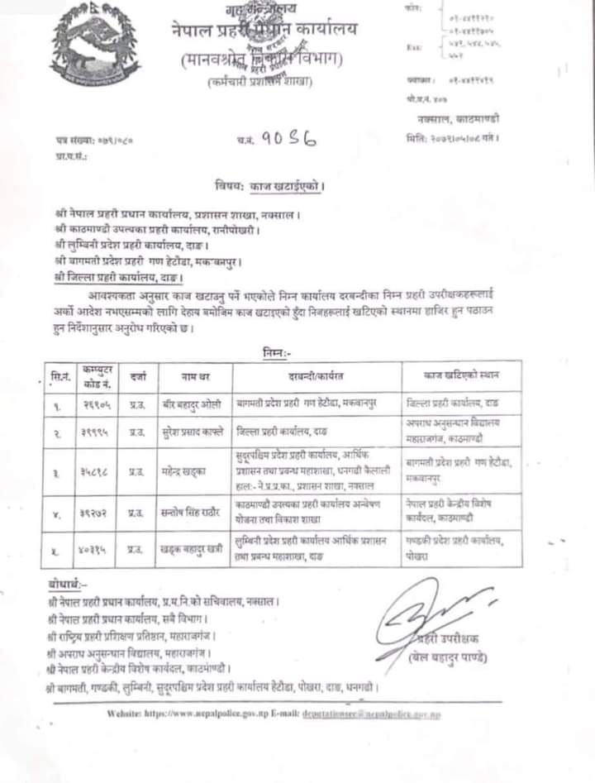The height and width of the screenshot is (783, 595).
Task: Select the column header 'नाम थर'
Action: pyautogui.click(x=189, y=376)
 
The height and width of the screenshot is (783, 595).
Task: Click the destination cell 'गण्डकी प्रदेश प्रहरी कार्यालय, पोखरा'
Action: pyautogui.click(x=459, y=547)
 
